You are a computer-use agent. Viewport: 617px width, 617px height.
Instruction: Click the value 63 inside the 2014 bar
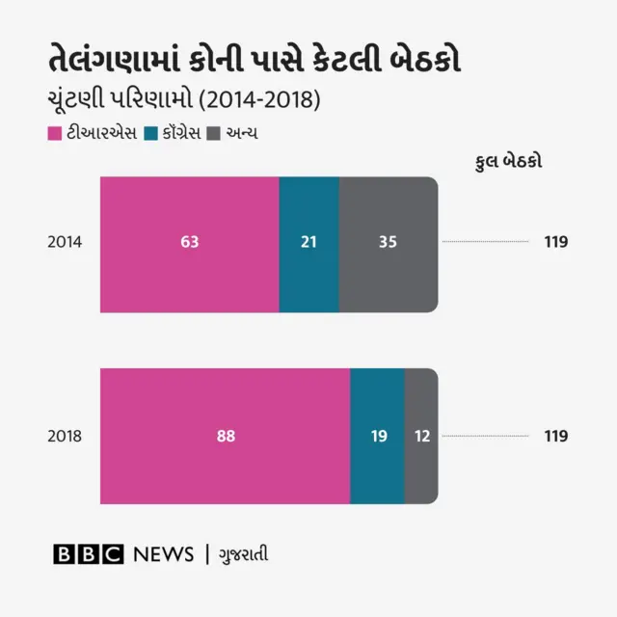[189, 243]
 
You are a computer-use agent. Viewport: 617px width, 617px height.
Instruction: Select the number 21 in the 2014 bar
[308, 243]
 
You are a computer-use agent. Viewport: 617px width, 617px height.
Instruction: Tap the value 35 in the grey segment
[388, 243]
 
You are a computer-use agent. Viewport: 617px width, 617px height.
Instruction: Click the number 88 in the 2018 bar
[225, 436]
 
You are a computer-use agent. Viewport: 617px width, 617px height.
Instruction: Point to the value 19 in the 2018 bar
[378, 436]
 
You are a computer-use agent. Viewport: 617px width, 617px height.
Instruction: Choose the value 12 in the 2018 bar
[421, 436]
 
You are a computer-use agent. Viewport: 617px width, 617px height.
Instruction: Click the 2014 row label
[65, 243]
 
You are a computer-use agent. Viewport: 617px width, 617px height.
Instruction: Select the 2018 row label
[65, 436]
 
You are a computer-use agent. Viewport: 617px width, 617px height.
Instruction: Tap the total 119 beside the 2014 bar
[555, 243]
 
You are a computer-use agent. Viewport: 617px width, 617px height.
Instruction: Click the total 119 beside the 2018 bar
[555, 436]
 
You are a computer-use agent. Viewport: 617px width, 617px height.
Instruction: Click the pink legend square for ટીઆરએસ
[54, 132]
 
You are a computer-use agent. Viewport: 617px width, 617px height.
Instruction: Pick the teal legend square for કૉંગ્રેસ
[149, 132]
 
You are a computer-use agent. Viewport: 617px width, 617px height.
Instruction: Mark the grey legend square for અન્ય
[215, 132]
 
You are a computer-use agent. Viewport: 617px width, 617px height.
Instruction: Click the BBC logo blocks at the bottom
[89, 554]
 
